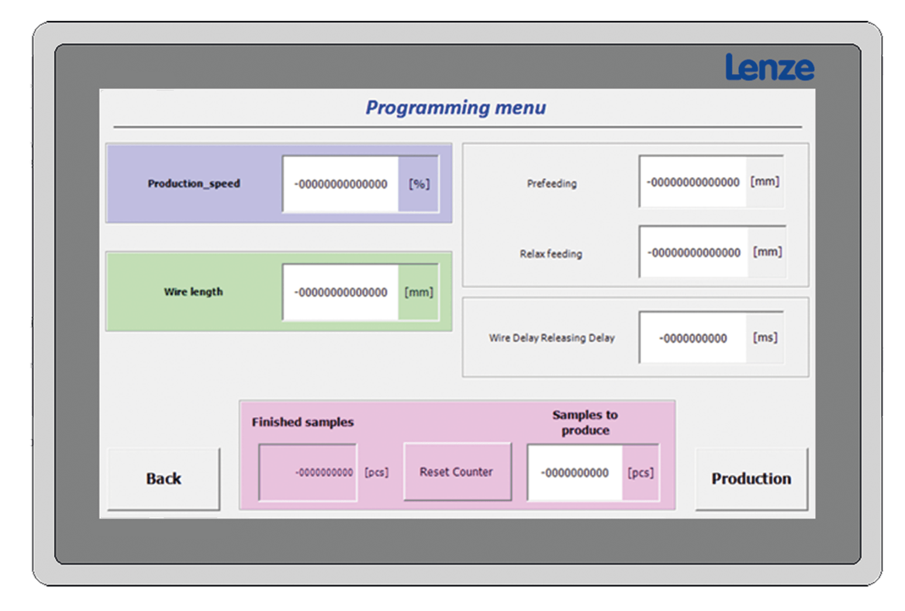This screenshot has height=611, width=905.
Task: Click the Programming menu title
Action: point(456,108)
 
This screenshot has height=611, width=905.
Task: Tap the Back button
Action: point(164,479)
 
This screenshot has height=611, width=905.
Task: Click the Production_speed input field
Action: point(340,184)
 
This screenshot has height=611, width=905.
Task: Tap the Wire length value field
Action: point(340,292)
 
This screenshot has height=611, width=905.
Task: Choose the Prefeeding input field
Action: point(693,182)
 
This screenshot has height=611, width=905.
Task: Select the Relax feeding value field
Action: point(694,252)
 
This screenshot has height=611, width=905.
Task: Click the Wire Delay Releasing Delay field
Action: point(693,338)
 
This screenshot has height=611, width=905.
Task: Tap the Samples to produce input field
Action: point(575,473)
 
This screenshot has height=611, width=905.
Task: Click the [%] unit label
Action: point(419,184)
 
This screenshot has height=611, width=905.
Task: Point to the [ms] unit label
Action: point(765,338)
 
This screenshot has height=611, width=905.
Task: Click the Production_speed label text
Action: point(194,183)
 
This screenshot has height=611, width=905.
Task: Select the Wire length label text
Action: point(193,292)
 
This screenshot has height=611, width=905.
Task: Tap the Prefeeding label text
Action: point(552,183)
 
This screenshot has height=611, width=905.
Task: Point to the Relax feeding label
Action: point(551,253)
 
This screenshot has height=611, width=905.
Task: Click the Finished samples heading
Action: point(303,422)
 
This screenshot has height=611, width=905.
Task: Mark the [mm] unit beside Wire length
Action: point(419,292)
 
